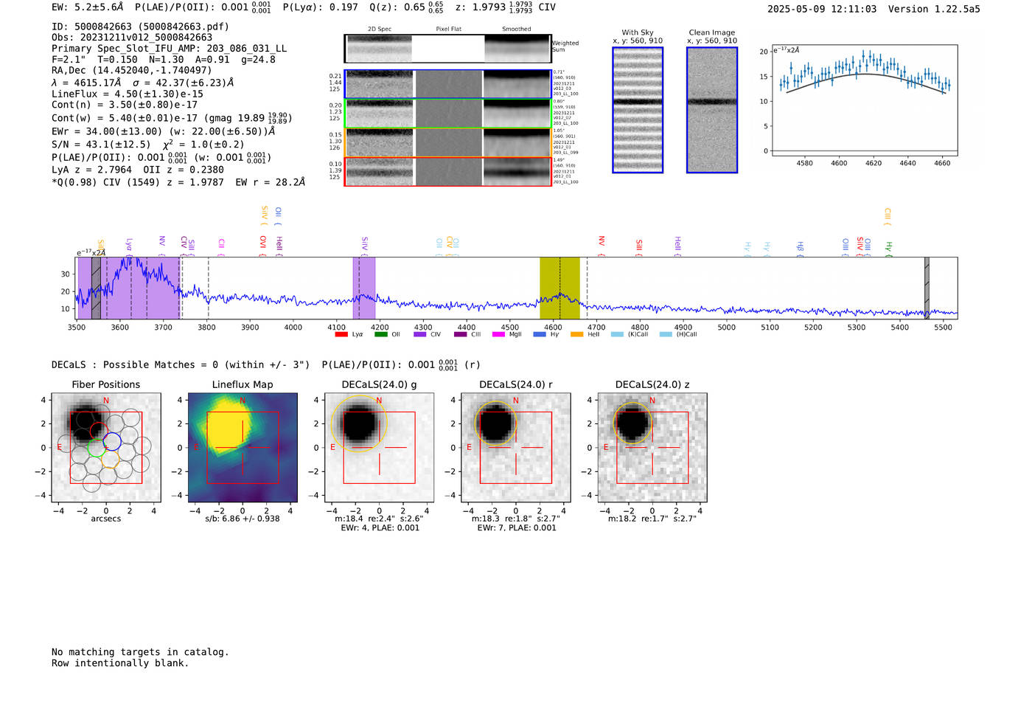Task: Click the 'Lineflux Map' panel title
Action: click(243, 384)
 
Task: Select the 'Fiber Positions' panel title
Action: click(105, 384)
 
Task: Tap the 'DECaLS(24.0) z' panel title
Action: click(652, 384)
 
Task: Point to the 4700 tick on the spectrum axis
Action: click(596, 327)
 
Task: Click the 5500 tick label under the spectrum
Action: click(943, 327)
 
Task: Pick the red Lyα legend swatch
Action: click(341, 334)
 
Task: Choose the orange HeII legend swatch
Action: click(576, 334)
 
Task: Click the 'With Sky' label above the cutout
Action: click(638, 32)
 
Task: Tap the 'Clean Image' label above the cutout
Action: click(712, 32)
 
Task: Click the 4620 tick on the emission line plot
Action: click(874, 163)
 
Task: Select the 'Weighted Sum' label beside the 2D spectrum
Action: click(565, 46)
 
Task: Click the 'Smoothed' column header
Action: click(516, 29)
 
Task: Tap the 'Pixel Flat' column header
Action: click(448, 29)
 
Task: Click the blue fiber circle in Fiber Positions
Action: click(112, 442)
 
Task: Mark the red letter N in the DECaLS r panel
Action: click(516, 401)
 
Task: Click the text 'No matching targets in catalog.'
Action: click(140, 651)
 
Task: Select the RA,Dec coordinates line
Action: click(131, 70)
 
